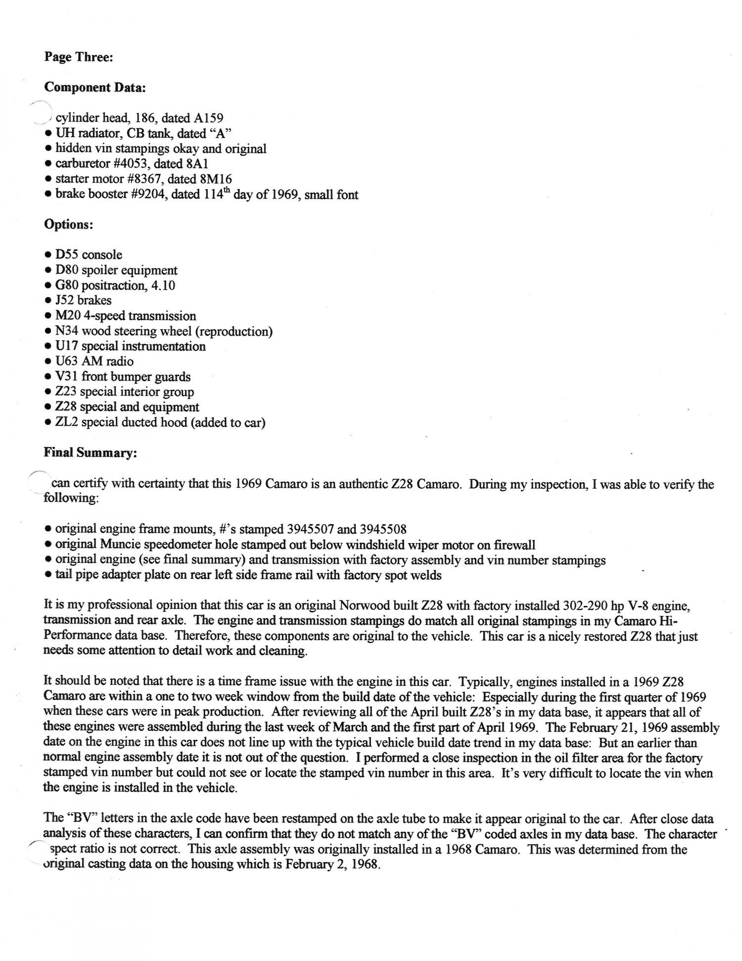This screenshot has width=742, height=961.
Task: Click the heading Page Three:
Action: click(79, 57)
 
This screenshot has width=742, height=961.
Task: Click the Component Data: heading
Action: click(94, 88)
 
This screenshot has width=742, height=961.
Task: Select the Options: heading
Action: click(68, 224)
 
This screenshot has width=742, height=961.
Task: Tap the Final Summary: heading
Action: click(90, 453)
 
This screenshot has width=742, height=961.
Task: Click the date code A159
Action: click(209, 118)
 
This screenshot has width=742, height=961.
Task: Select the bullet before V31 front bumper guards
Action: click(47, 377)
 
